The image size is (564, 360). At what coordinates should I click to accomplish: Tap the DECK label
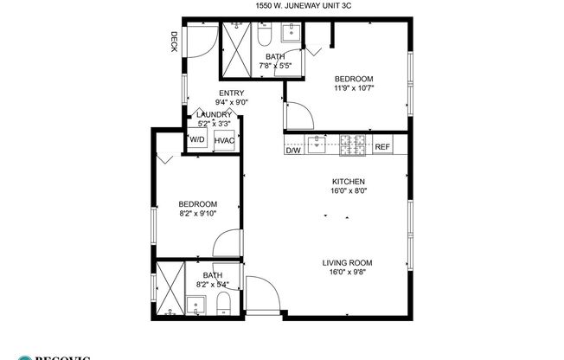tap(174, 42)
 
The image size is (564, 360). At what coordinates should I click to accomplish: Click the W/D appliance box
tap(197, 139)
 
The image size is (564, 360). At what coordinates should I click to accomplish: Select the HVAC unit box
tap(225, 139)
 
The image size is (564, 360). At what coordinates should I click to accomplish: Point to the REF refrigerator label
tap(382, 147)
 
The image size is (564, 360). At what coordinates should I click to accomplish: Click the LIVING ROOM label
tap(347, 263)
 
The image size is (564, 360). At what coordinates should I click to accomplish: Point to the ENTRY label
tap(231, 93)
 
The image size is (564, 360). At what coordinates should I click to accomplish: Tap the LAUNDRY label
tap(214, 115)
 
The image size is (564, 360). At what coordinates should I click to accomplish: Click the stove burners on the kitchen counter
tap(353, 145)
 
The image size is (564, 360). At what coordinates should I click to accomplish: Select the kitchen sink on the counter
tap(318, 144)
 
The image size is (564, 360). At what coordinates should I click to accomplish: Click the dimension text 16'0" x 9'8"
tap(347, 273)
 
